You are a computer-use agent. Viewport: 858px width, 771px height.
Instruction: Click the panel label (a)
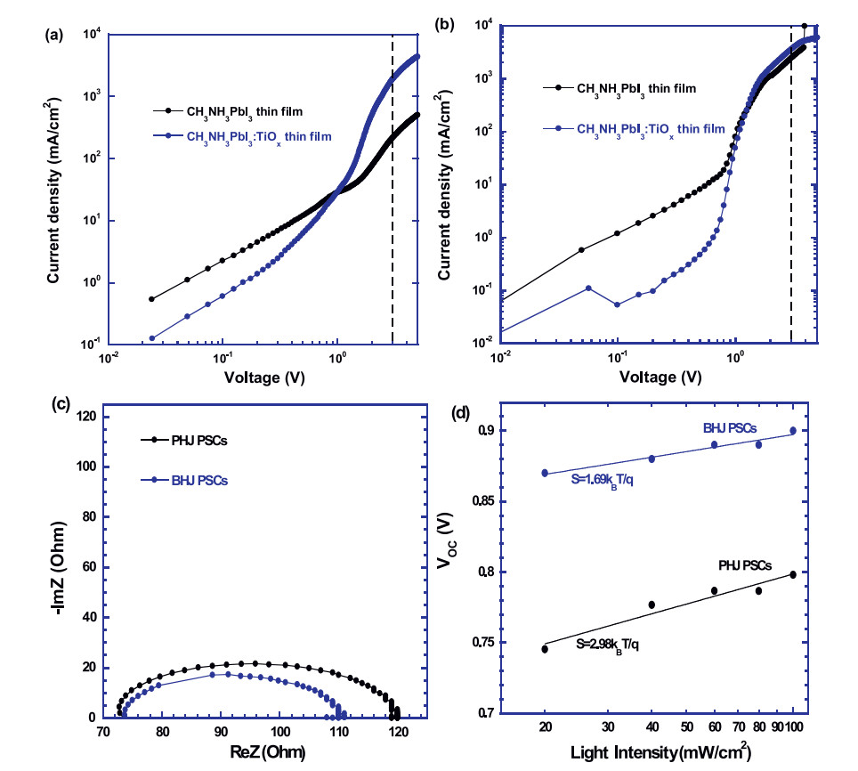tap(53, 37)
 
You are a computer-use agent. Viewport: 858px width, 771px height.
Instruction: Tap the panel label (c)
tap(61, 402)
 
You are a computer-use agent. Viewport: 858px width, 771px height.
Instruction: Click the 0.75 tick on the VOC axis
tap(477, 643)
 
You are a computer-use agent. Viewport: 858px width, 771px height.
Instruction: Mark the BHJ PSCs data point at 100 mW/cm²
tap(793, 431)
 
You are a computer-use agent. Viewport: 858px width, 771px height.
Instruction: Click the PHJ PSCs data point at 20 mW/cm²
tap(545, 649)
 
